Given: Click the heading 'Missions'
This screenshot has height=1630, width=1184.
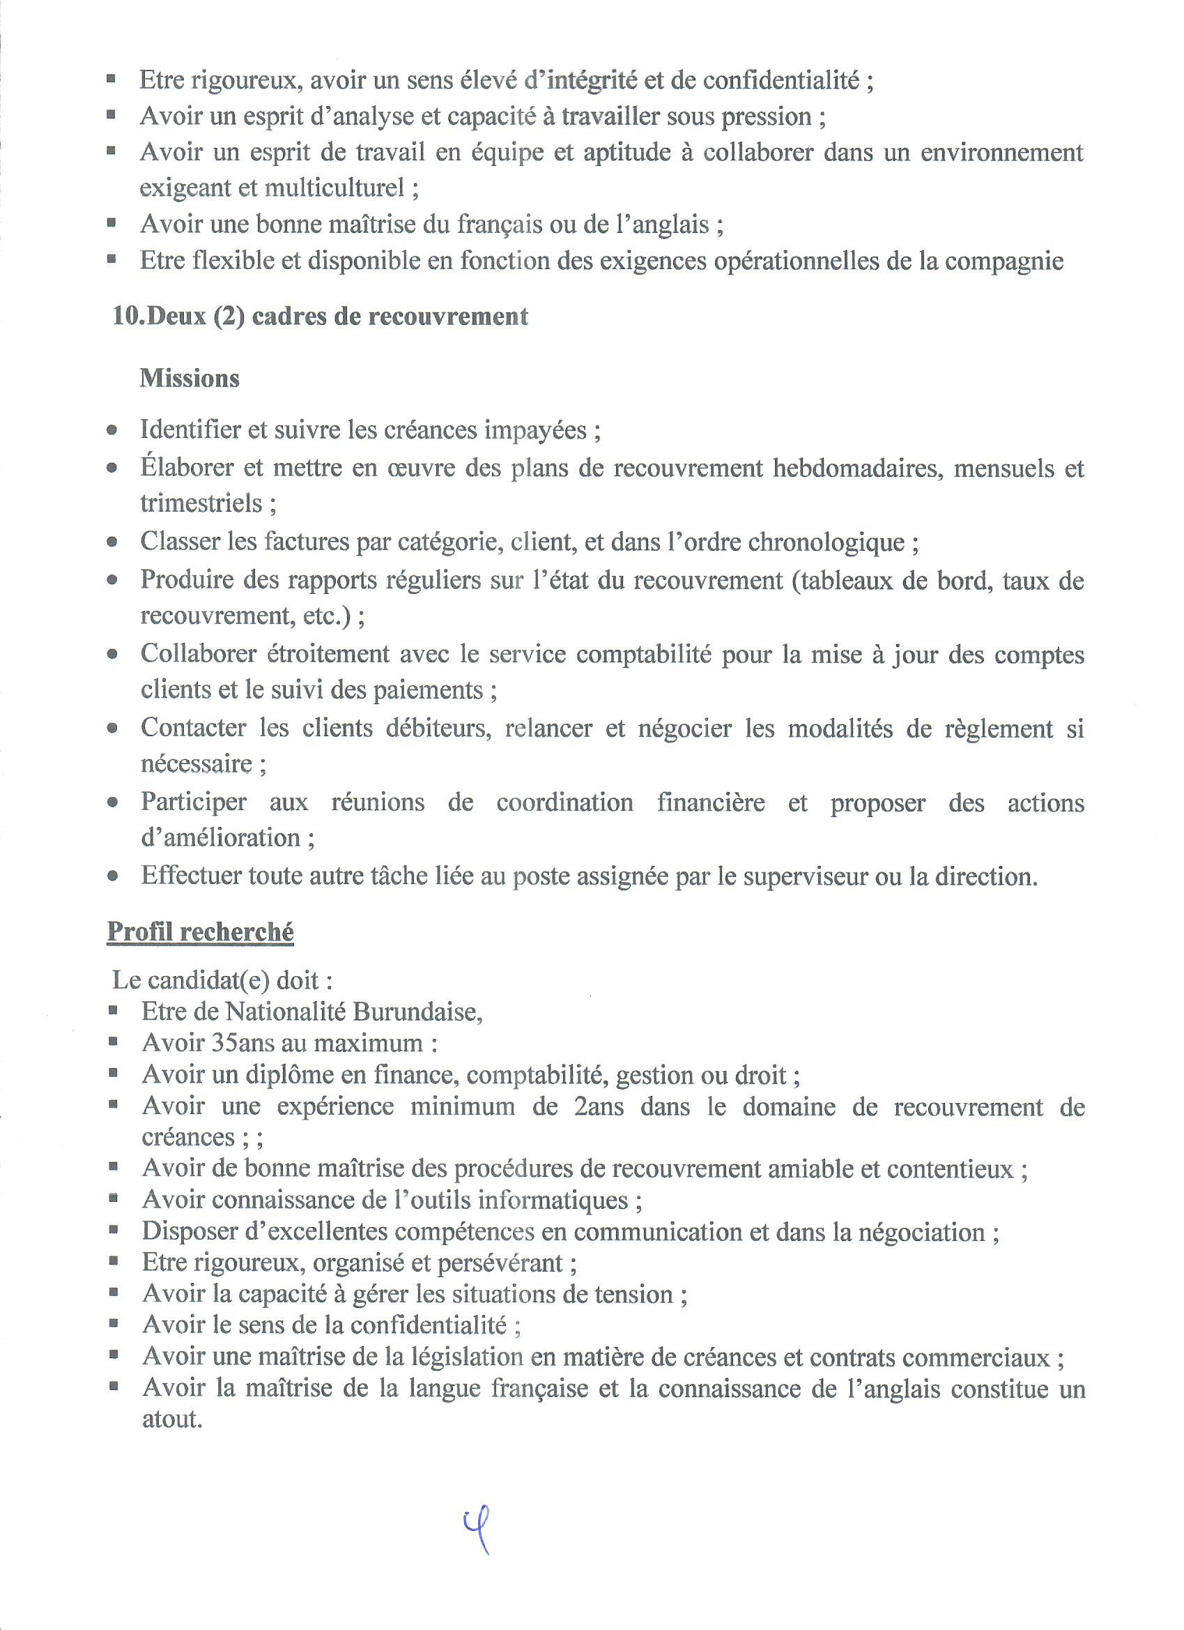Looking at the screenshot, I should pos(190,378).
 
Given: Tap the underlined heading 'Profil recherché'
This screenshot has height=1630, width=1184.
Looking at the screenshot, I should pos(201,932).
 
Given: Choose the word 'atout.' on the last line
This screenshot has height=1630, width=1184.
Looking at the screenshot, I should pos(170,1419).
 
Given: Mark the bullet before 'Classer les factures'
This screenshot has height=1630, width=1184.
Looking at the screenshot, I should pos(112,542).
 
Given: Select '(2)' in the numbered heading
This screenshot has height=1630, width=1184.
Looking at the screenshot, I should pos(229,317).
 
